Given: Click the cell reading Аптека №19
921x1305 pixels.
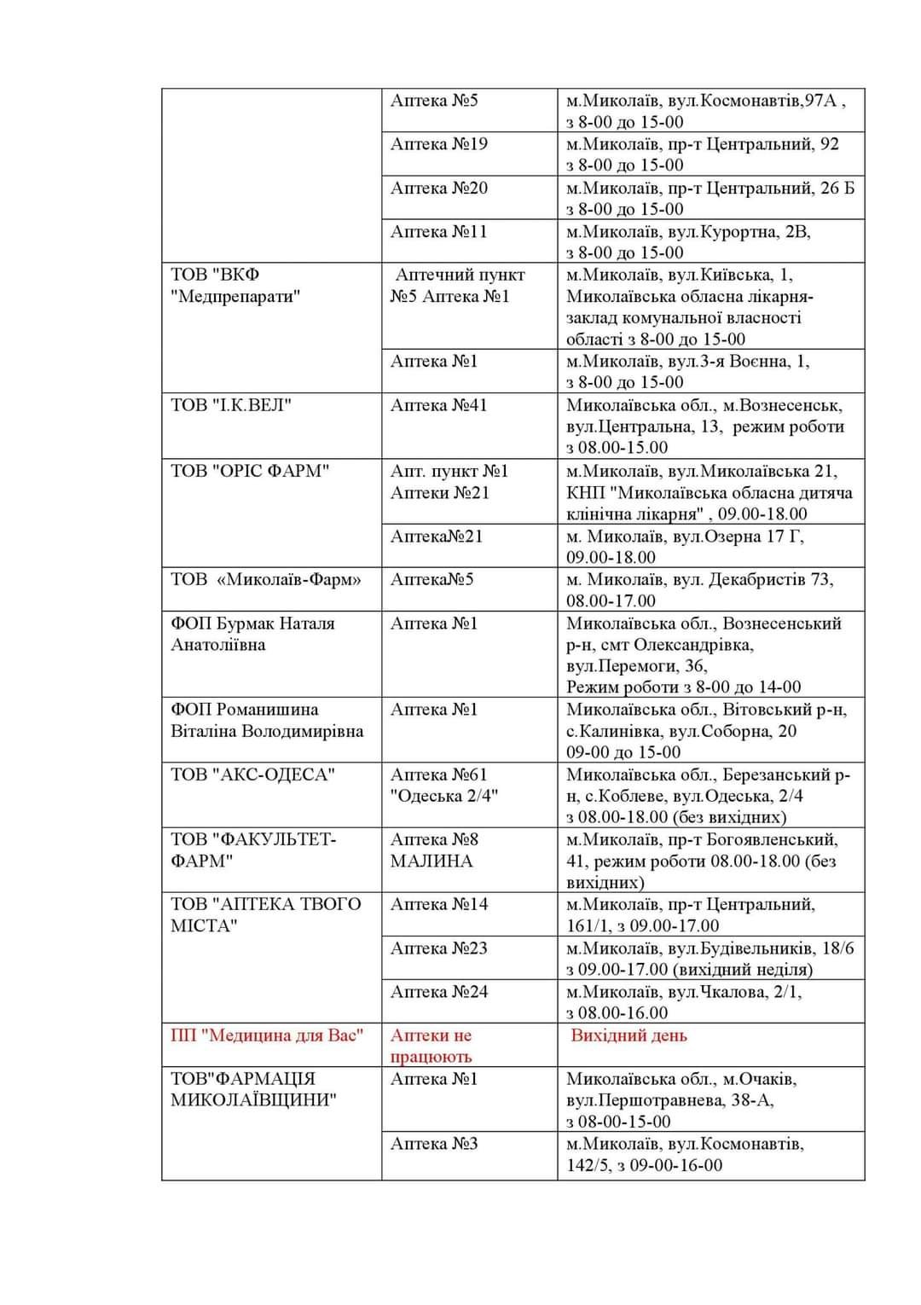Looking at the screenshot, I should (439, 144).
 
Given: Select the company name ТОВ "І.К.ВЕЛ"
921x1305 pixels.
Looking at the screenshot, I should (231, 405).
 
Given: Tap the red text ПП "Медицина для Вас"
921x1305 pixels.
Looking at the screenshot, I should (267, 1035).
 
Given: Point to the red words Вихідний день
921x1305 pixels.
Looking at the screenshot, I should (628, 1035).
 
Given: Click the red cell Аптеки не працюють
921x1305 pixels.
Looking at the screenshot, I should (432, 1046).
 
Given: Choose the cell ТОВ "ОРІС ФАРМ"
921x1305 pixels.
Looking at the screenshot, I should (250, 471).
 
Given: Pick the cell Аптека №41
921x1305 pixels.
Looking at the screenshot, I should (439, 405).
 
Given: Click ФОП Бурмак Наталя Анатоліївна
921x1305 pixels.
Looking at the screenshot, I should (252, 634).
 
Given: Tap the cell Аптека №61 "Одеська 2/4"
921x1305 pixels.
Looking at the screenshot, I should (444, 785).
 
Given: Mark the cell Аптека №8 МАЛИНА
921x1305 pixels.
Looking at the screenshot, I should (435, 850).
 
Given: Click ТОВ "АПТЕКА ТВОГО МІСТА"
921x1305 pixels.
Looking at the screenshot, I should (266, 914).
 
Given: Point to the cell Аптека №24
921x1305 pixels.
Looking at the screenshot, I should (439, 992).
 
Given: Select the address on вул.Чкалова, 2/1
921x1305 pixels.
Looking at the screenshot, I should (684, 1002).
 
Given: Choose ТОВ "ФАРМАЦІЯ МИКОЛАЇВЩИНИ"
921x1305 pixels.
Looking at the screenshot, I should (253, 1089).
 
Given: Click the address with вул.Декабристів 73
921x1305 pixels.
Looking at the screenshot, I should (699, 589).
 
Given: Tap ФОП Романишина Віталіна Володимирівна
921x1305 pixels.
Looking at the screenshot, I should (267, 720).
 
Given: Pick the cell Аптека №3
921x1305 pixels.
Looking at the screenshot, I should (434, 1144).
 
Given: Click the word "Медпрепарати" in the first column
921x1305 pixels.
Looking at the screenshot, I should (235, 297).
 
